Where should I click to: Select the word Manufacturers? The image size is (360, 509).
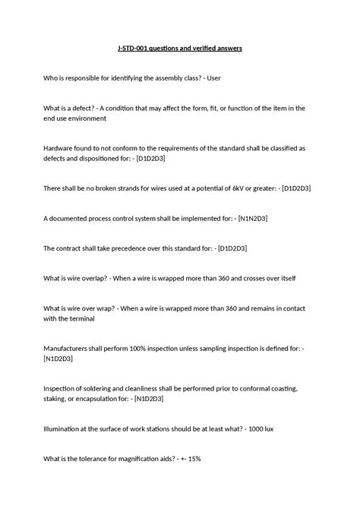71,348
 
